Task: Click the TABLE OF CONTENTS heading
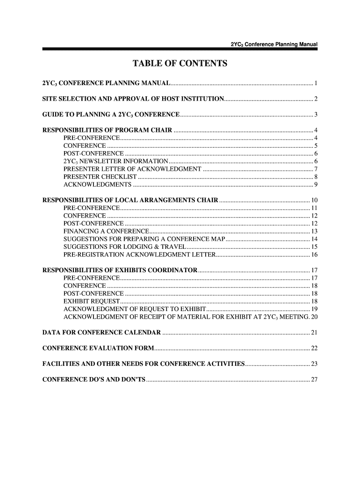180,64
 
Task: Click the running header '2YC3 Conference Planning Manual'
274,44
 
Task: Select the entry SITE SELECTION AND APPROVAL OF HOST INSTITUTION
133,99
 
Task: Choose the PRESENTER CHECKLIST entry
100,177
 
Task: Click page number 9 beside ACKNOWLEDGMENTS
316,185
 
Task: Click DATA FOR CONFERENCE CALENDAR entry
101,333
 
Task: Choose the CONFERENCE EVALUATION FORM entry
98,348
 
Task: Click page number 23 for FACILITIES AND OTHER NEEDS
314,364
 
